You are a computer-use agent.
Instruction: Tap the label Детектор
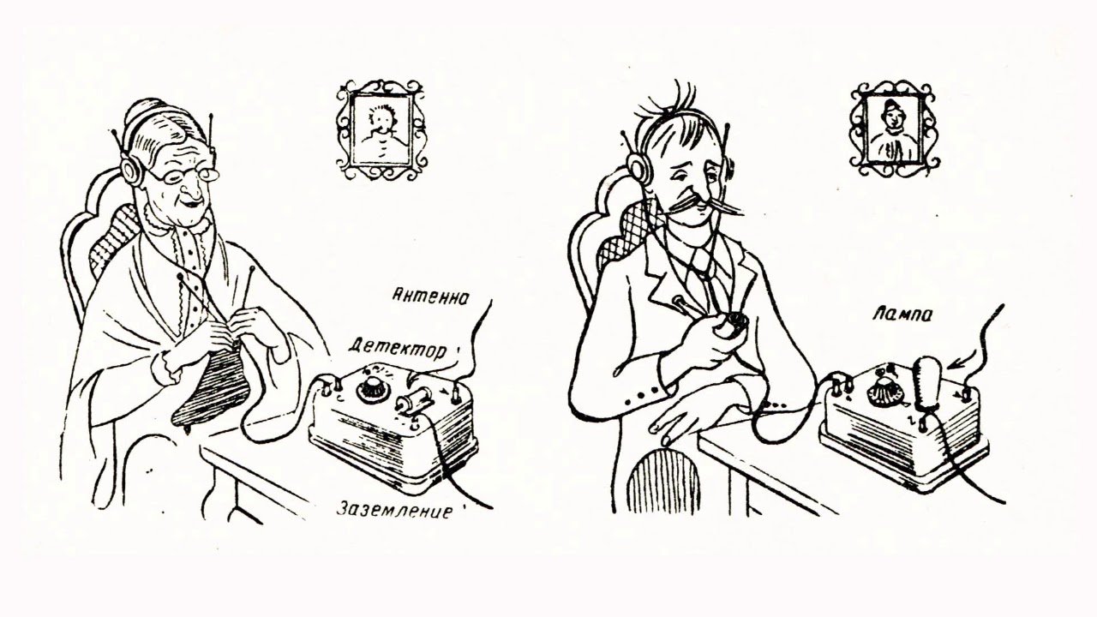[397, 349]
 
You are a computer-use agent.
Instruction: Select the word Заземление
[393, 510]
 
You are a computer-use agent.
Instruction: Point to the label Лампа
[902, 314]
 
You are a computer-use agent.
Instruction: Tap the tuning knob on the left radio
[371, 388]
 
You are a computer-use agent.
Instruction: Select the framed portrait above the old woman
[381, 130]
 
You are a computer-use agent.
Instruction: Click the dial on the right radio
[883, 390]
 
